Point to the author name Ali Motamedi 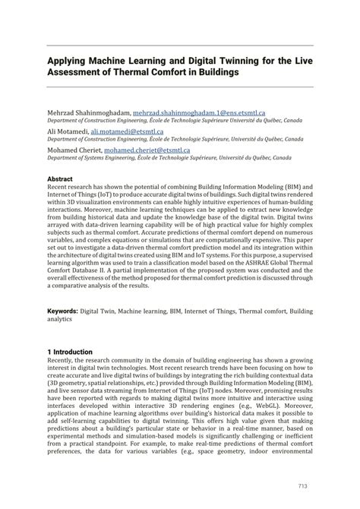click(68, 131)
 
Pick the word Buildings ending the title click(216, 72)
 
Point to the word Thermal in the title click(141, 72)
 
